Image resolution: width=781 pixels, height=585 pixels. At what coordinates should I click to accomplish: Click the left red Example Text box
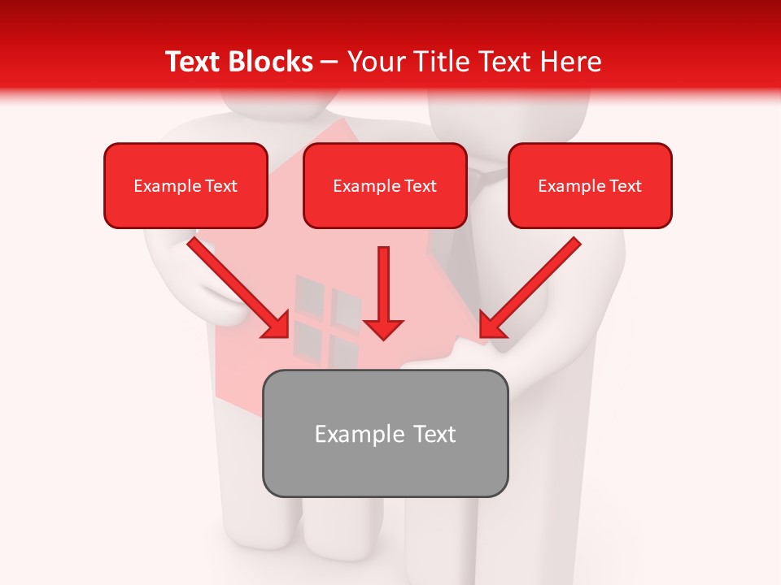(185, 185)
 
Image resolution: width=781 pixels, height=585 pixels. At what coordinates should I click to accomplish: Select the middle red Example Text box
(385, 185)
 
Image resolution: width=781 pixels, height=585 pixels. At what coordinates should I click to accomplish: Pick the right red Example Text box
(590, 185)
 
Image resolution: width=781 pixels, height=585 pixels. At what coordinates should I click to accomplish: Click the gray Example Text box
(385, 433)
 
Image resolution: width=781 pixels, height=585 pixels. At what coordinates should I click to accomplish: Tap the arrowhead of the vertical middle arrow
(384, 328)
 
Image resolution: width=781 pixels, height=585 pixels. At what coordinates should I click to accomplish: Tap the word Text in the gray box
(434, 434)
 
